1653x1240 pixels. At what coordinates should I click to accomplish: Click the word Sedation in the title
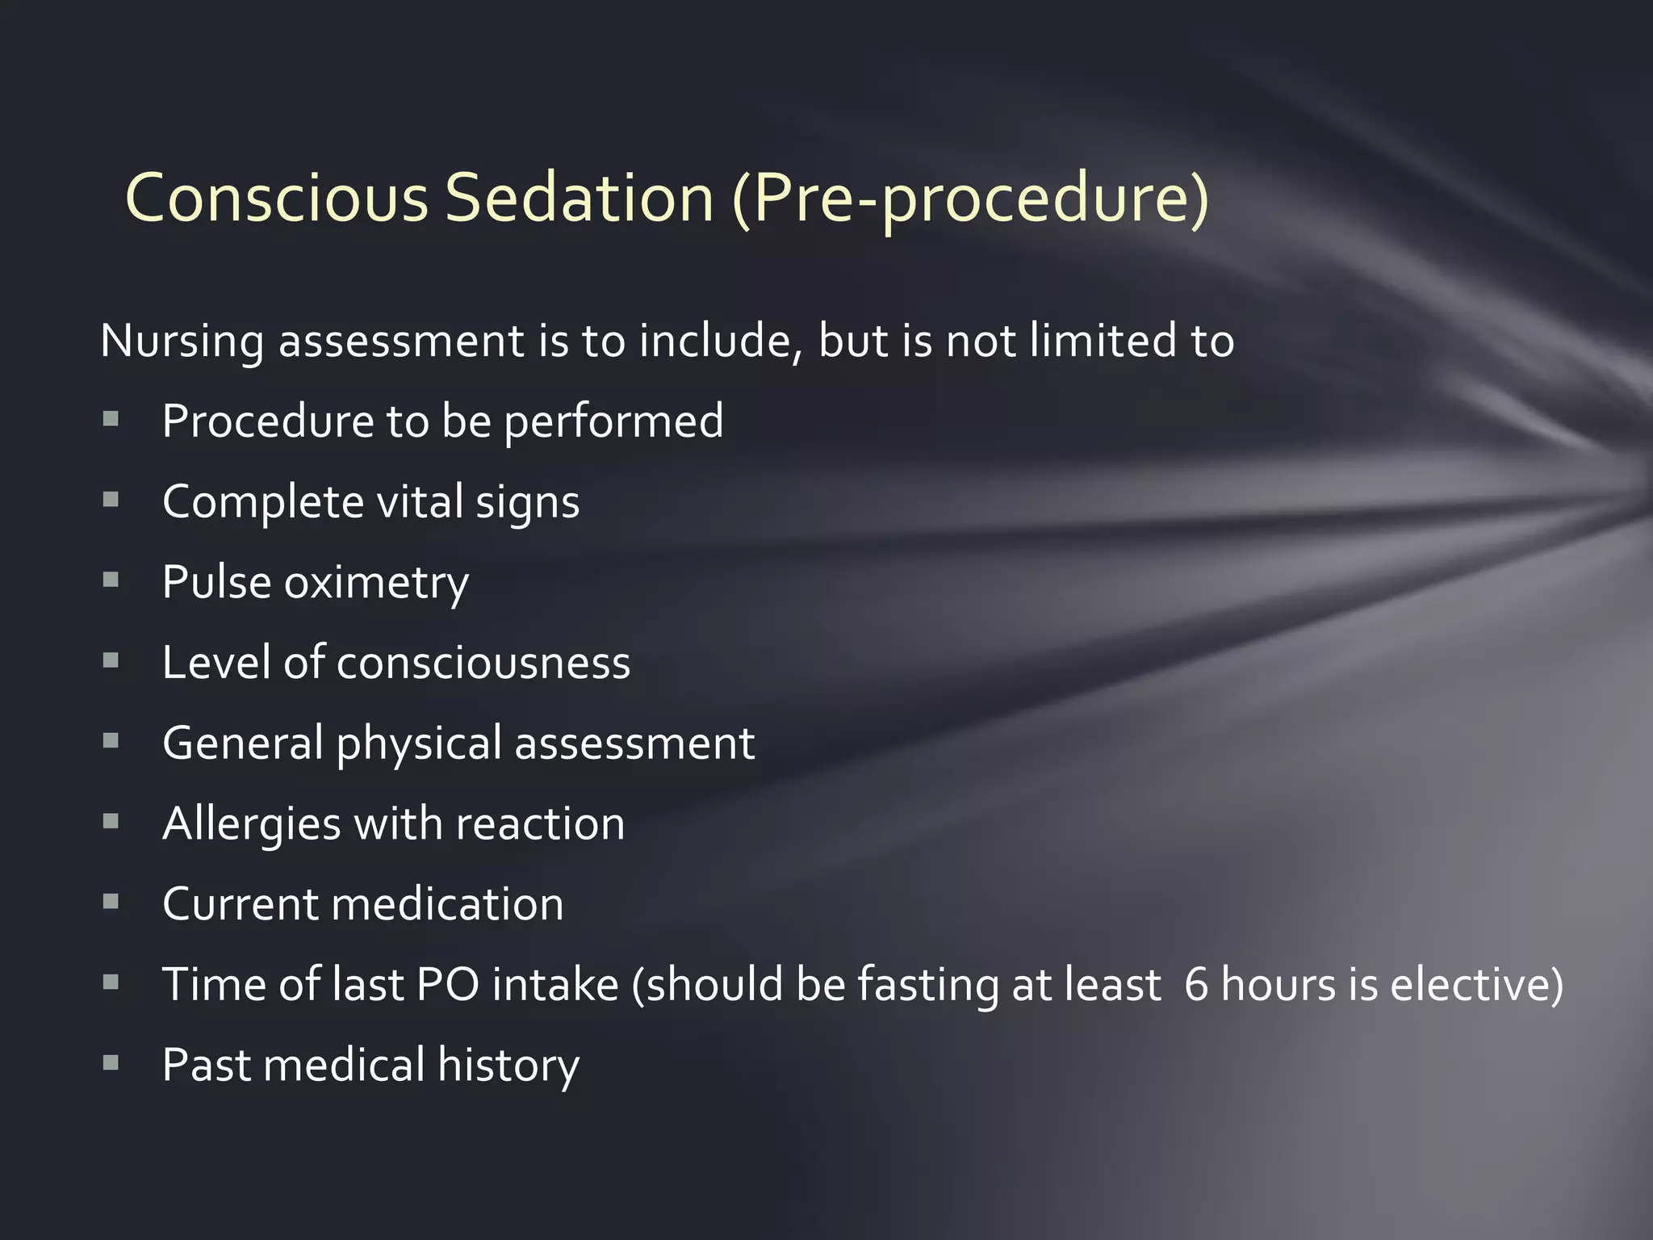tap(580, 198)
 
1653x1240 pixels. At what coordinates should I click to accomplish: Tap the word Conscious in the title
tap(277, 198)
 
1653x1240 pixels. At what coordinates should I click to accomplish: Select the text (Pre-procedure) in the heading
tap(971, 199)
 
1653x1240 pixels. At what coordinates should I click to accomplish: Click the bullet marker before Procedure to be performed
tap(111, 418)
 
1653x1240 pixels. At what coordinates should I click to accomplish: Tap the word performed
tap(613, 421)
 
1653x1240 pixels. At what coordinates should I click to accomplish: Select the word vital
tap(419, 501)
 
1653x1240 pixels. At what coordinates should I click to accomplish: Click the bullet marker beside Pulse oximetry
tap(111, 579)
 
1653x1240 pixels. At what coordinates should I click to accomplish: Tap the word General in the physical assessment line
tap(243, 744)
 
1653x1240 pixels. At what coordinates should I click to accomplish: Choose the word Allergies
tap(252, 825)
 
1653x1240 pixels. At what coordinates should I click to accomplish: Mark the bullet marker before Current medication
tap(111, 901)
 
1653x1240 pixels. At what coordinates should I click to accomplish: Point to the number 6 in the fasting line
tap(1196, 985)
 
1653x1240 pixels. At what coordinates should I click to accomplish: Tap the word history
tap(508, 1066)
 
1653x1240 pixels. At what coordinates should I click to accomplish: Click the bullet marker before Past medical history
tap(111, 1062)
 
